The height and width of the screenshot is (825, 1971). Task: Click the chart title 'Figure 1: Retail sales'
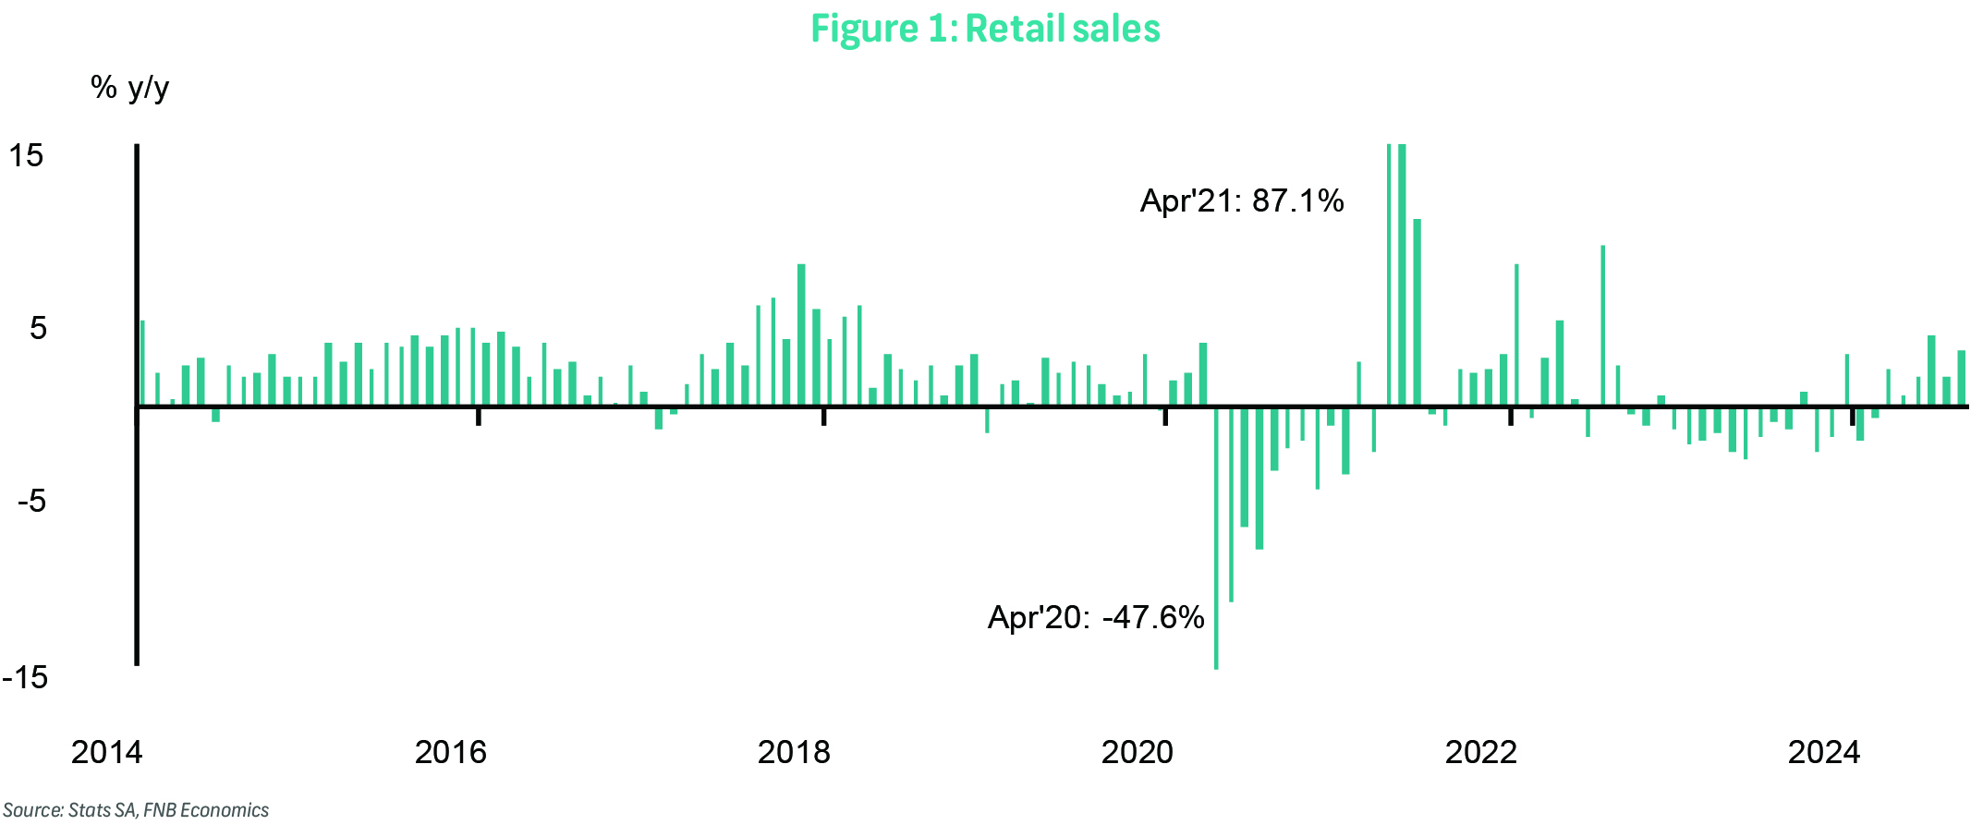(985, 29)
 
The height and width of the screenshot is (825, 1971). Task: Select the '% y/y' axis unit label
(129, 88)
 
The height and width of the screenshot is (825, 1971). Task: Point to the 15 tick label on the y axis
(27, 155)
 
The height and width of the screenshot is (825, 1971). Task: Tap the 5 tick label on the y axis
(37, 328)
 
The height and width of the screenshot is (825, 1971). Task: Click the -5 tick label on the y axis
(31, 501)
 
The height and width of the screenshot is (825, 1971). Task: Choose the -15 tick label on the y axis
(25, 677)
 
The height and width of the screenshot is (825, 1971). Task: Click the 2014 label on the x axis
(107, 752)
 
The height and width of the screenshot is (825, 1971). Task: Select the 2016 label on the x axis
(450, 752)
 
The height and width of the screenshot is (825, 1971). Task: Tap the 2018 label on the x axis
(794, 752)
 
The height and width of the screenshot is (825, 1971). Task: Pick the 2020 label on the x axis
(1138, 752)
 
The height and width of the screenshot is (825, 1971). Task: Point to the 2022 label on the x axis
(1481, 752)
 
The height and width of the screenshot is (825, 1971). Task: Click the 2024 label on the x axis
(1824, 752)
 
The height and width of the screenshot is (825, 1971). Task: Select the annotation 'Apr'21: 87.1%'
(1242, 200)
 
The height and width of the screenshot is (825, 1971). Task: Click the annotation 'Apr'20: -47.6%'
(1096, 616)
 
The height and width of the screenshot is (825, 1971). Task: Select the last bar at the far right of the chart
(1961, 378)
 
